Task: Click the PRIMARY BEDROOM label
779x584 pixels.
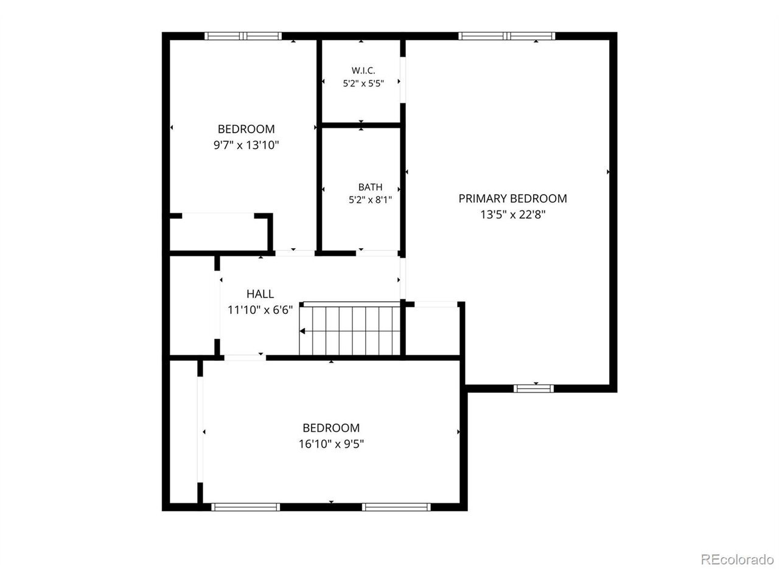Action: pyautogui.click(x=512, y=198)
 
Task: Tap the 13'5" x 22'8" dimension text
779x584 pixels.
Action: pyautogui.click(x=512, y=215)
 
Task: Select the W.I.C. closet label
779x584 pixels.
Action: pyautogui.click(x=363, y=70)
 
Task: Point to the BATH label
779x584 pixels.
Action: pyautogui.click(x=370, y=187)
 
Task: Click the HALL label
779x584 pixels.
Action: pyautogui.click(x=260, y=294)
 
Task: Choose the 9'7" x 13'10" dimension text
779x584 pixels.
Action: pyautogui.click(x=246, y=145)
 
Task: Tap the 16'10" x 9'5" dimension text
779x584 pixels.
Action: pyautogui.click(x=331, y=444)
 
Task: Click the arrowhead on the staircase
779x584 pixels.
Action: pyautogui.click(x=302, y=331)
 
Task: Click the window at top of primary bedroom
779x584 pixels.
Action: pyautogui.click(x=506, y=36)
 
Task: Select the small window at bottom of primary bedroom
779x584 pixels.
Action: pyautogui.click(x=533, y=389)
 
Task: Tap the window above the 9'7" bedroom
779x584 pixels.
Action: pyautogui.click(x=243, y=36)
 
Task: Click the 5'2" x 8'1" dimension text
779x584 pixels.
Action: pyautogui.click(x=370, y=200)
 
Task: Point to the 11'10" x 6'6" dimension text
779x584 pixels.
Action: pyautogui.click(x=260, y=310)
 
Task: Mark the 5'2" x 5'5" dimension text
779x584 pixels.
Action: pyautogui.click(x=363, y=83)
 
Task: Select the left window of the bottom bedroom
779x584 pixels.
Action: pyautogui.click(x=246, y=507)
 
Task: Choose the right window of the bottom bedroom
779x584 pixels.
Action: pyautogui.click(x=396, y=507)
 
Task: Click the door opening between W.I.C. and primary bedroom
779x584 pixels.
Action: pyautogui.click(x=403, y=80)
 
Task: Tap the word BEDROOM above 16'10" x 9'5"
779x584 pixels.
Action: pyautogui.click(x=331, y=428)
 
